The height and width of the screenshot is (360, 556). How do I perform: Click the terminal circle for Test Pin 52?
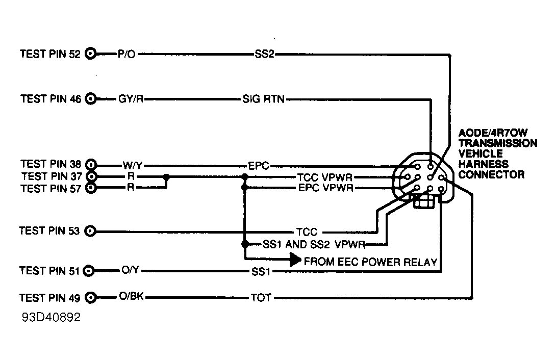click(91, 54)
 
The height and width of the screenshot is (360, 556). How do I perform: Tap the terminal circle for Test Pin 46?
click(91, 99)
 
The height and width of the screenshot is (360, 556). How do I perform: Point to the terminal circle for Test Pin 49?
click(91, 297)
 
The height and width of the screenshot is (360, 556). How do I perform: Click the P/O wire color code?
click(126, 54)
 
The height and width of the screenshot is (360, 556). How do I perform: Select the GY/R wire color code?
click(130, 99)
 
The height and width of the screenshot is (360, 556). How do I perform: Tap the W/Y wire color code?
click(132, 165)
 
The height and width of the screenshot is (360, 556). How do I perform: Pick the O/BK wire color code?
click(131, 297)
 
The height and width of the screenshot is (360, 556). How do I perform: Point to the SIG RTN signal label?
click(263, 99)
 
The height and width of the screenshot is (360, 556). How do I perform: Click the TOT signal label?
click(260, 297)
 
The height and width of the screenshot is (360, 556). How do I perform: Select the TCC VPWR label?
click(324, 177)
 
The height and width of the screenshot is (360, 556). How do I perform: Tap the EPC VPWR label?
click(324, 188)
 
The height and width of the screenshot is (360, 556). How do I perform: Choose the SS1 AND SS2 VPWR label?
click(313, 244)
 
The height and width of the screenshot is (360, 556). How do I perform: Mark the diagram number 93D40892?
click(51, 317)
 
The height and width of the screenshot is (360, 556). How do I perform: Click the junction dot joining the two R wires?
click(166, 177)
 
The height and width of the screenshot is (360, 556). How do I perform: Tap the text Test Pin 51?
click(50, 271)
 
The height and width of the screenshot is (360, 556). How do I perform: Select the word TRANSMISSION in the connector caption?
click(497, 143)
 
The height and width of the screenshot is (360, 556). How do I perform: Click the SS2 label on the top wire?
click(264, 54)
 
